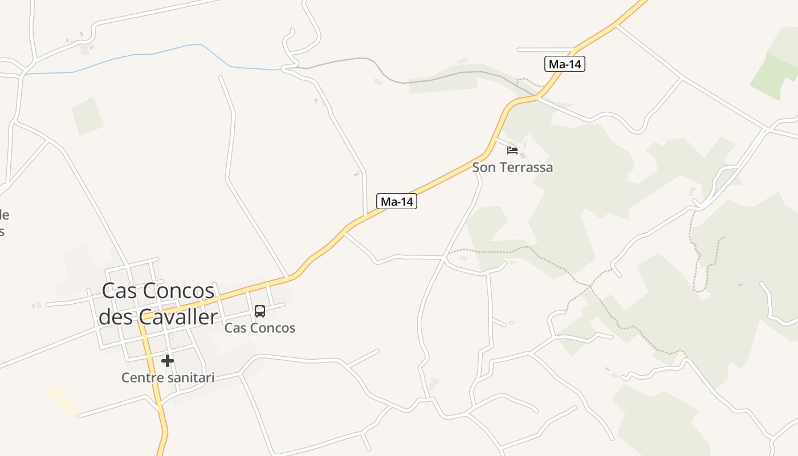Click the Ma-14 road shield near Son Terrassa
[397, 201]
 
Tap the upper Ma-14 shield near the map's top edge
[564, 64]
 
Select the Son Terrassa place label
[512, 168]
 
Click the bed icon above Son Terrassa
[512, 150]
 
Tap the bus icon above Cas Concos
[260, 311]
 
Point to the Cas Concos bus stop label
[260, 328]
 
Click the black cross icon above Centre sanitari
[167, 360]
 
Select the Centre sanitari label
[168, 377]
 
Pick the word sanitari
[191, 377]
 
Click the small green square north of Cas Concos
[87, 116]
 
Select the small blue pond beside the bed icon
[523, 154]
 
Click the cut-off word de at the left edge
[4, 215]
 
